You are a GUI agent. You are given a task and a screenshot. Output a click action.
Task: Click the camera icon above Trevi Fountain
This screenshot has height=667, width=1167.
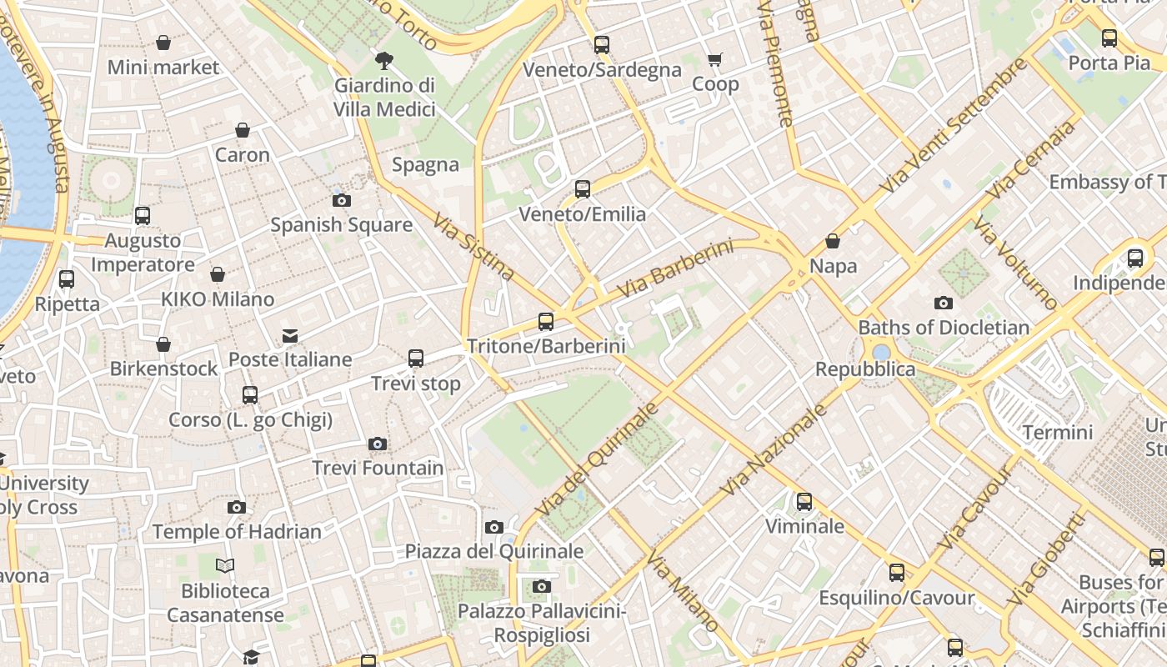pyautogui.click(x=378, y=444)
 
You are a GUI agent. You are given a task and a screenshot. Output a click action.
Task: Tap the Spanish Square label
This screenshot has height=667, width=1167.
pyautogui.click(x=341, y=224)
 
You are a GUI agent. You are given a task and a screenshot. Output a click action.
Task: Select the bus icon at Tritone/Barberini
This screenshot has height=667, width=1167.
pyautogui.click(x=546, y=321)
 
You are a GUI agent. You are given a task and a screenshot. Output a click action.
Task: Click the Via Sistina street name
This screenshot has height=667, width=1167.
pyautogui.click(x=473, y=246)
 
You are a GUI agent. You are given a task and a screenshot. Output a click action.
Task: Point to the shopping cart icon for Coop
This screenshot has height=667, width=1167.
pyautogui.click(x=714, y=60)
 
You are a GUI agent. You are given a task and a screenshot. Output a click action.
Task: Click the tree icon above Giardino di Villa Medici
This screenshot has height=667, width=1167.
pyautogui.click(x=383, y=60)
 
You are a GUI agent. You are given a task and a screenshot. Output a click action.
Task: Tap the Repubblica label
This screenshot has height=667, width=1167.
pyautogui.click(x=864, y=369)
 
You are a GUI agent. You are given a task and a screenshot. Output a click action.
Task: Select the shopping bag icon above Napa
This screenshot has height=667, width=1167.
pyautogui.click(x=832, y=242)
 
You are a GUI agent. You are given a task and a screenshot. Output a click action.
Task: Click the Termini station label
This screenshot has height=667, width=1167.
pyautogui.click(x=1057, y=432)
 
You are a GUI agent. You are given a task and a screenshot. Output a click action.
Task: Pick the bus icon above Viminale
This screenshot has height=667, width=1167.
pyautogui.click(x=804, y=502)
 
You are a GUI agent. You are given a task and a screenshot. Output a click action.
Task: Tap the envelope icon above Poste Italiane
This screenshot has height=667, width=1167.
pyautogui.click(x=290, y=335)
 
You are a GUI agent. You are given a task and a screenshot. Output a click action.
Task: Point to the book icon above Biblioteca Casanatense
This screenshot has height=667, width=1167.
pyautogui.click(x=225, y=566)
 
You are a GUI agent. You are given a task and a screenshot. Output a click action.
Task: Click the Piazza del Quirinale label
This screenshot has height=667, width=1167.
pyautogui.click(x=493, y=550)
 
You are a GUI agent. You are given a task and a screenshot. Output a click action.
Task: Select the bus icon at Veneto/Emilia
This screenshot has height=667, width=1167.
pyautogui.click(x=583, y=189)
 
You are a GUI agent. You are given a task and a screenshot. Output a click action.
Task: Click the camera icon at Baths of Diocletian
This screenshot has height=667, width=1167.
pyautogui.click(x=943, y=303)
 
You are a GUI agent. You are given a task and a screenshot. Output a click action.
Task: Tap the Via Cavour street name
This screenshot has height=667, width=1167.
pyautogui.click(x=974, y=509)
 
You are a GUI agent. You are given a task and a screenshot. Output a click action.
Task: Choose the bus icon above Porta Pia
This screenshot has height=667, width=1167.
pyautogui.click(x=1109, y=38)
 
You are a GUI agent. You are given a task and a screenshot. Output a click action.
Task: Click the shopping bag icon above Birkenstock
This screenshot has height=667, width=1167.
pyautogui.click(x=163, y=344)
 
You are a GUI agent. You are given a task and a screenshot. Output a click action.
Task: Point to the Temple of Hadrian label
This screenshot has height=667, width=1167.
pyautogui.click(x=236, y=531)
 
